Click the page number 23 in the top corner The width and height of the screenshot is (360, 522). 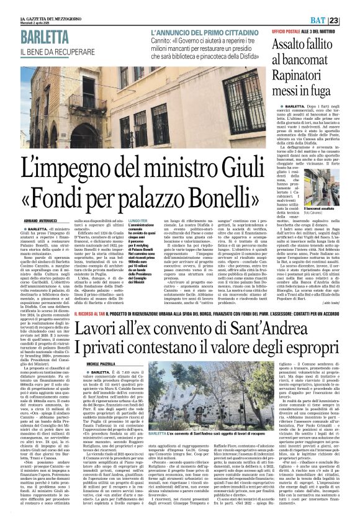pyautogui.click(x=351, y=6)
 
